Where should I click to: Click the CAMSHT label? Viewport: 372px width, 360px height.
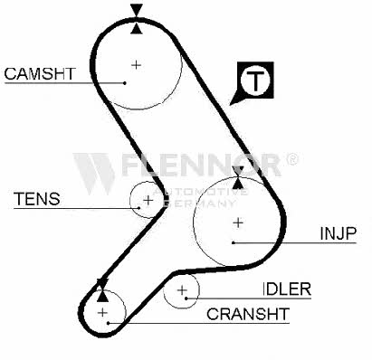click(40, 74)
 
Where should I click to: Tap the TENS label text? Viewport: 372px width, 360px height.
click(37, 199)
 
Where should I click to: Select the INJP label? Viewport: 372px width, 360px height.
click(339, 233)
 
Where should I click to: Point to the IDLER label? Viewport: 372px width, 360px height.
click(287, 289)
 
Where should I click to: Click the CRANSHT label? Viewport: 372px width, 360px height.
click(248, 314)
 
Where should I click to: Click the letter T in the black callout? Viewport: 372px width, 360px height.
click(255, 81)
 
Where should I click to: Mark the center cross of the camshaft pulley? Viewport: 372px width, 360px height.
click(137, 65)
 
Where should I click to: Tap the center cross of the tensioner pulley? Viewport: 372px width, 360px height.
click(148, 200)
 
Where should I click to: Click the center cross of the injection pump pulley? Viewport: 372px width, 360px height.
click(238, 223)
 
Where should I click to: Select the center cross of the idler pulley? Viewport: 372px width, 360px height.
click(182, 290)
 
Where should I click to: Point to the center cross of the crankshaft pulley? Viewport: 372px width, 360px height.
click(102, 312)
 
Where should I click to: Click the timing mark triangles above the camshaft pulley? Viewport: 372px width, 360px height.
click(137, 19)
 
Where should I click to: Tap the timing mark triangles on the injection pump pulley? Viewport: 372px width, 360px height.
click(238, 177)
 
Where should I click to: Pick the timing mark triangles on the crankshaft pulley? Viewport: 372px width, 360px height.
click(102, 290)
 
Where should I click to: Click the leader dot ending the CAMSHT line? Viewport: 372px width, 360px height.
click(125, 83)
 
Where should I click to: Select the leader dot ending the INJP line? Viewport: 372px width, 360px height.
click(234, 242)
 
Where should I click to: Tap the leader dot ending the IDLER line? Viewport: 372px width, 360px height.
click(186, 298)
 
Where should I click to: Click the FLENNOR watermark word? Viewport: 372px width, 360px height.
click(201, 165)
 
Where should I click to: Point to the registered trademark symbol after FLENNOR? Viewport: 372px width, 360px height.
click(291, 159)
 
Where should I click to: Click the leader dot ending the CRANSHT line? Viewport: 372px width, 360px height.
click(108, 323)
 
